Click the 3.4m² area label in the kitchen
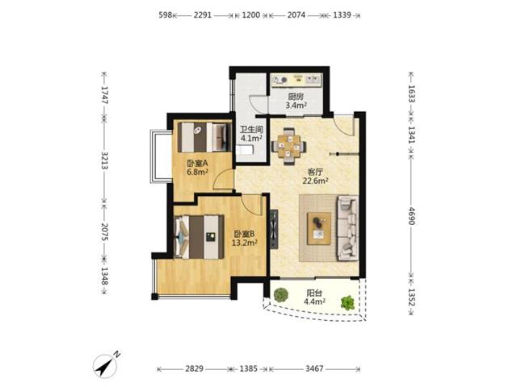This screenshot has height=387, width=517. pos(296,106)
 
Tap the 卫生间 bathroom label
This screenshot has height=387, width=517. pos(251,129)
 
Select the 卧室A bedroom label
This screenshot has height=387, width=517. pos(197,163)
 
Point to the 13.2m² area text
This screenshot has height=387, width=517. pos(244,243)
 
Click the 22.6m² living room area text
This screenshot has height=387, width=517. pos(316,181)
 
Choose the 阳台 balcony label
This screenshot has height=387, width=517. pos(314,293)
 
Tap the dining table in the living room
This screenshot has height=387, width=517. pos(289,147)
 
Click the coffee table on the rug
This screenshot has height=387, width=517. pos(319,228)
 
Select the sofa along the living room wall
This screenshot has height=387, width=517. pos(347,227)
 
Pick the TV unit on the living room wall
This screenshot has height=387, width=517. pos(274,229)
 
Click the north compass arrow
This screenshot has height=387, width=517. pos(106,366)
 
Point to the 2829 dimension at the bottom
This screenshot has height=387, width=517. pos(194,368)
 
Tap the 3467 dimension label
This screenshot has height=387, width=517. pos(314,368)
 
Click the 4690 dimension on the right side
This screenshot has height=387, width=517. pos(411,216)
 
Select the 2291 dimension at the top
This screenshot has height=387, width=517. pos(203,15)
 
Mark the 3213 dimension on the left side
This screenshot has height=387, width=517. pos(104,160)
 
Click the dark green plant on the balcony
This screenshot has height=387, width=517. pos(280,295)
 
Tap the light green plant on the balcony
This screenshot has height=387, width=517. pos(347,303)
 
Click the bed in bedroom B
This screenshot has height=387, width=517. pos(199,236)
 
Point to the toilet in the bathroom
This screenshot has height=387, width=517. pos(244,150)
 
